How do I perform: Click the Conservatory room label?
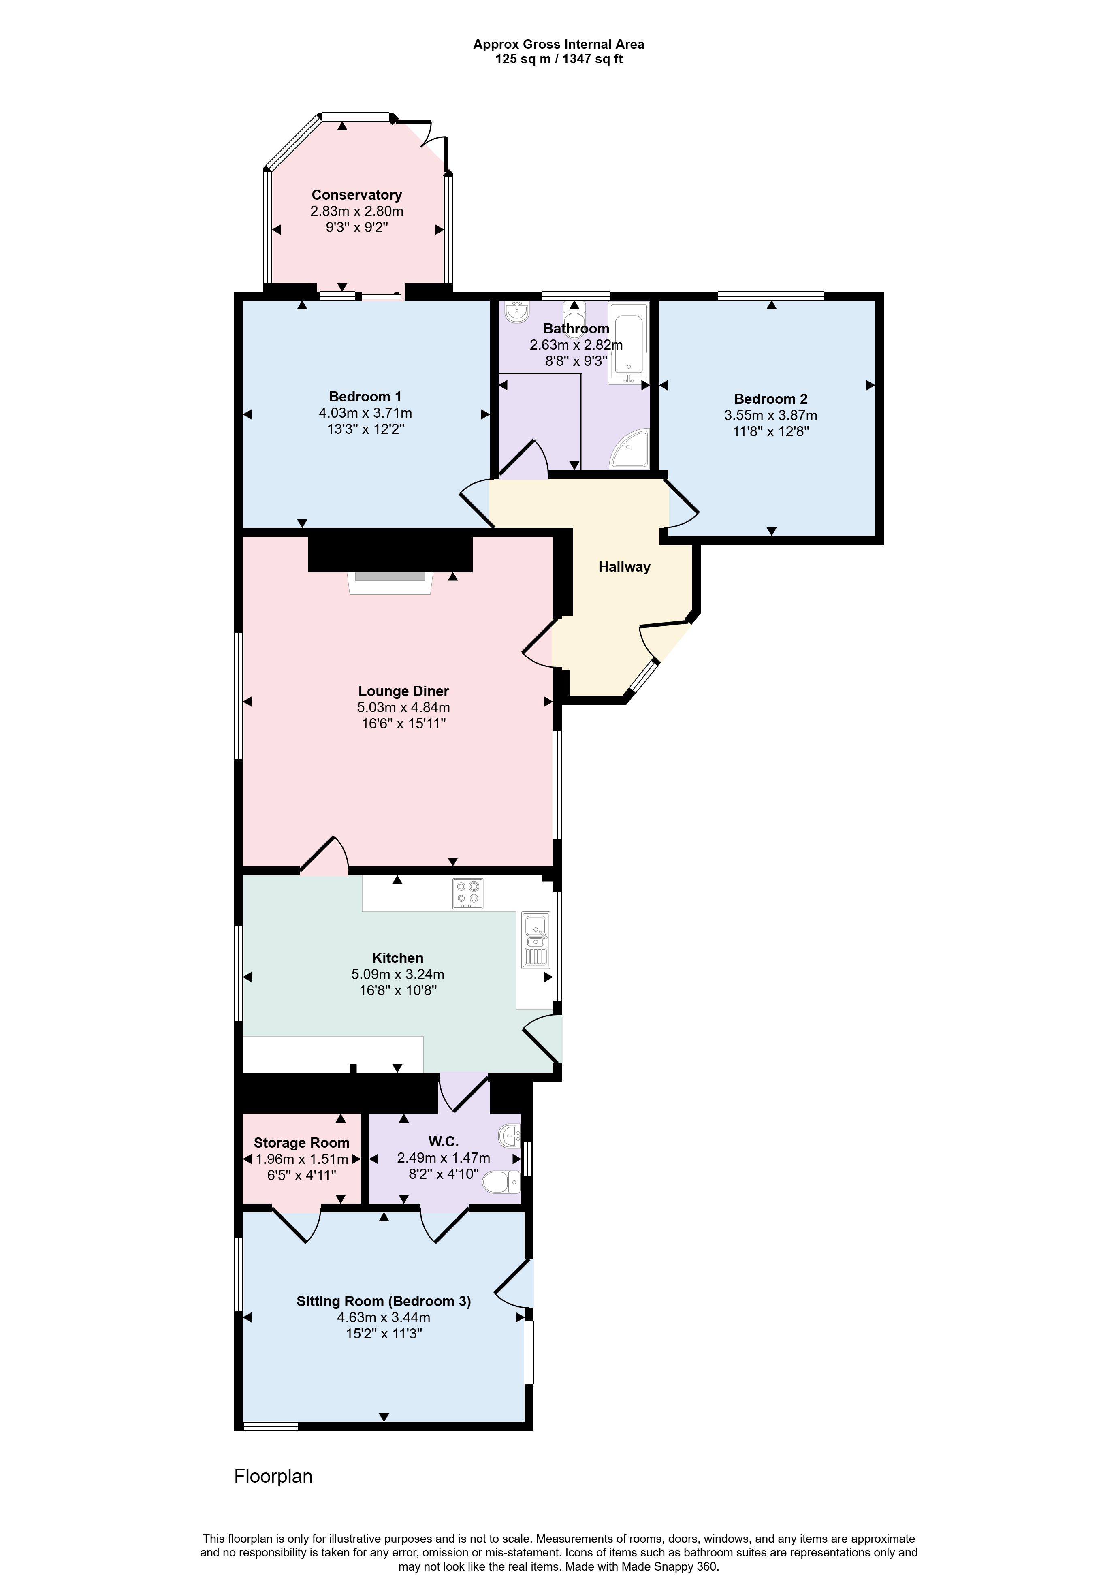[x=356, y=195]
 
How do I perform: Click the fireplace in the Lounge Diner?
[x=390, y=583]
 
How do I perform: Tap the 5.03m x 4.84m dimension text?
[x=403, y=707]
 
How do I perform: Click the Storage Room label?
[x=302, y=1143]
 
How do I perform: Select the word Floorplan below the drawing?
[x=273, y=1476]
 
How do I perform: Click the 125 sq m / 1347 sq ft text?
[x=559, y=59]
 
